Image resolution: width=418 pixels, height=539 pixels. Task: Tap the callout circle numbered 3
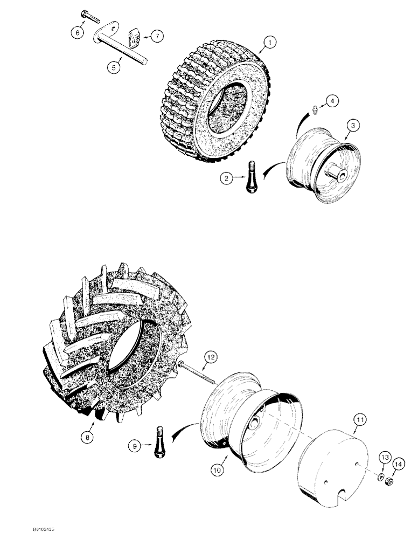tap(352, 125)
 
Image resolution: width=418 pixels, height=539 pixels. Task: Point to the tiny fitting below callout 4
tap(313, 110)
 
